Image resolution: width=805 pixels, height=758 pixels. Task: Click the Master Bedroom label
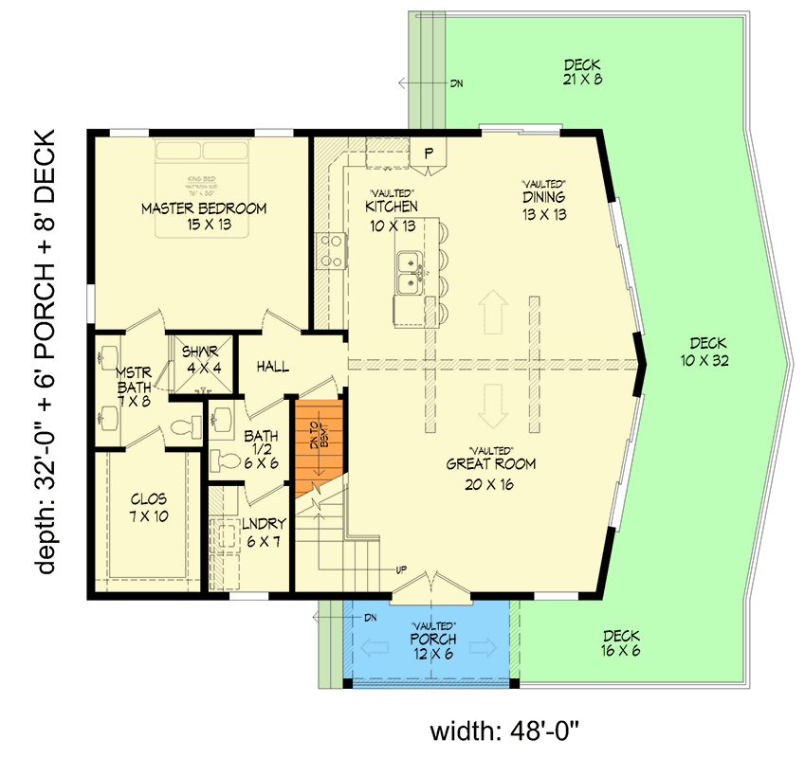pos(204,208)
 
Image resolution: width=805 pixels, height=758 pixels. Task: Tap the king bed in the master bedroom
pos(203,171)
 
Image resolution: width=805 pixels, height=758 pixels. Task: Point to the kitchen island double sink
pos(411,269)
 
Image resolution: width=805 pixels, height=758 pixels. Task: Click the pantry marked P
pos(428,153)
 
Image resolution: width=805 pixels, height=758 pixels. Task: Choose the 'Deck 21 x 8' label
pos(582,72)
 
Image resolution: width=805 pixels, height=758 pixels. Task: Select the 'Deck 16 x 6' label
pos(620,643)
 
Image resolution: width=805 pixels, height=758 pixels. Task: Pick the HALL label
pos(273,367)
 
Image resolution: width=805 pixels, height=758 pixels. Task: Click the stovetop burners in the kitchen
pos(329,251)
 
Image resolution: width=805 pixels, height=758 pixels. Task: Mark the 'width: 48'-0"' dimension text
pos(503,731)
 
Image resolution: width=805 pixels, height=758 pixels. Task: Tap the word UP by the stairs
pos(401,570)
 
